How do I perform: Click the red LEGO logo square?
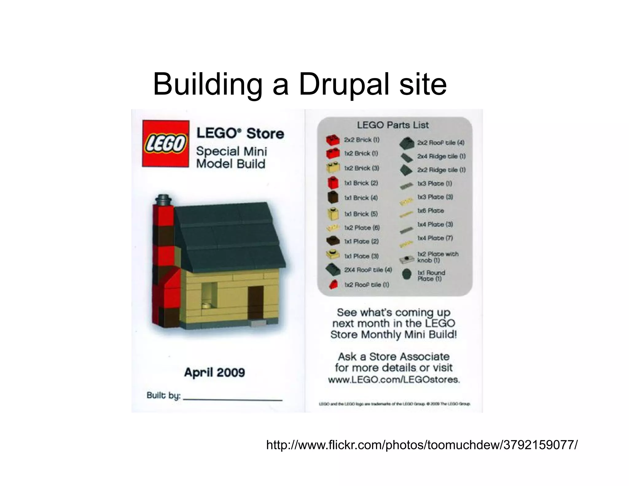(166, 143)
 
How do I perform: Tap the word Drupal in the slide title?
(342, 84)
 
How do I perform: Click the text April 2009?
(214, 373)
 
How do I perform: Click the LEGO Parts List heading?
(393, 125)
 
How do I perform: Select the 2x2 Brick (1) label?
(361, 140)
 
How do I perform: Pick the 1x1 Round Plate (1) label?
(431, 276)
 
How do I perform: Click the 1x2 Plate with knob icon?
(407, 259)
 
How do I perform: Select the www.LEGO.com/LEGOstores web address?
(394, 380)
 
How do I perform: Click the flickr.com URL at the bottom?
(422, 445)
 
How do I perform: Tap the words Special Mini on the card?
(232, 151)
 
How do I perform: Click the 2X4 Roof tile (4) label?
(368, 270)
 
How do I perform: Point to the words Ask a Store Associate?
(393, 356)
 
